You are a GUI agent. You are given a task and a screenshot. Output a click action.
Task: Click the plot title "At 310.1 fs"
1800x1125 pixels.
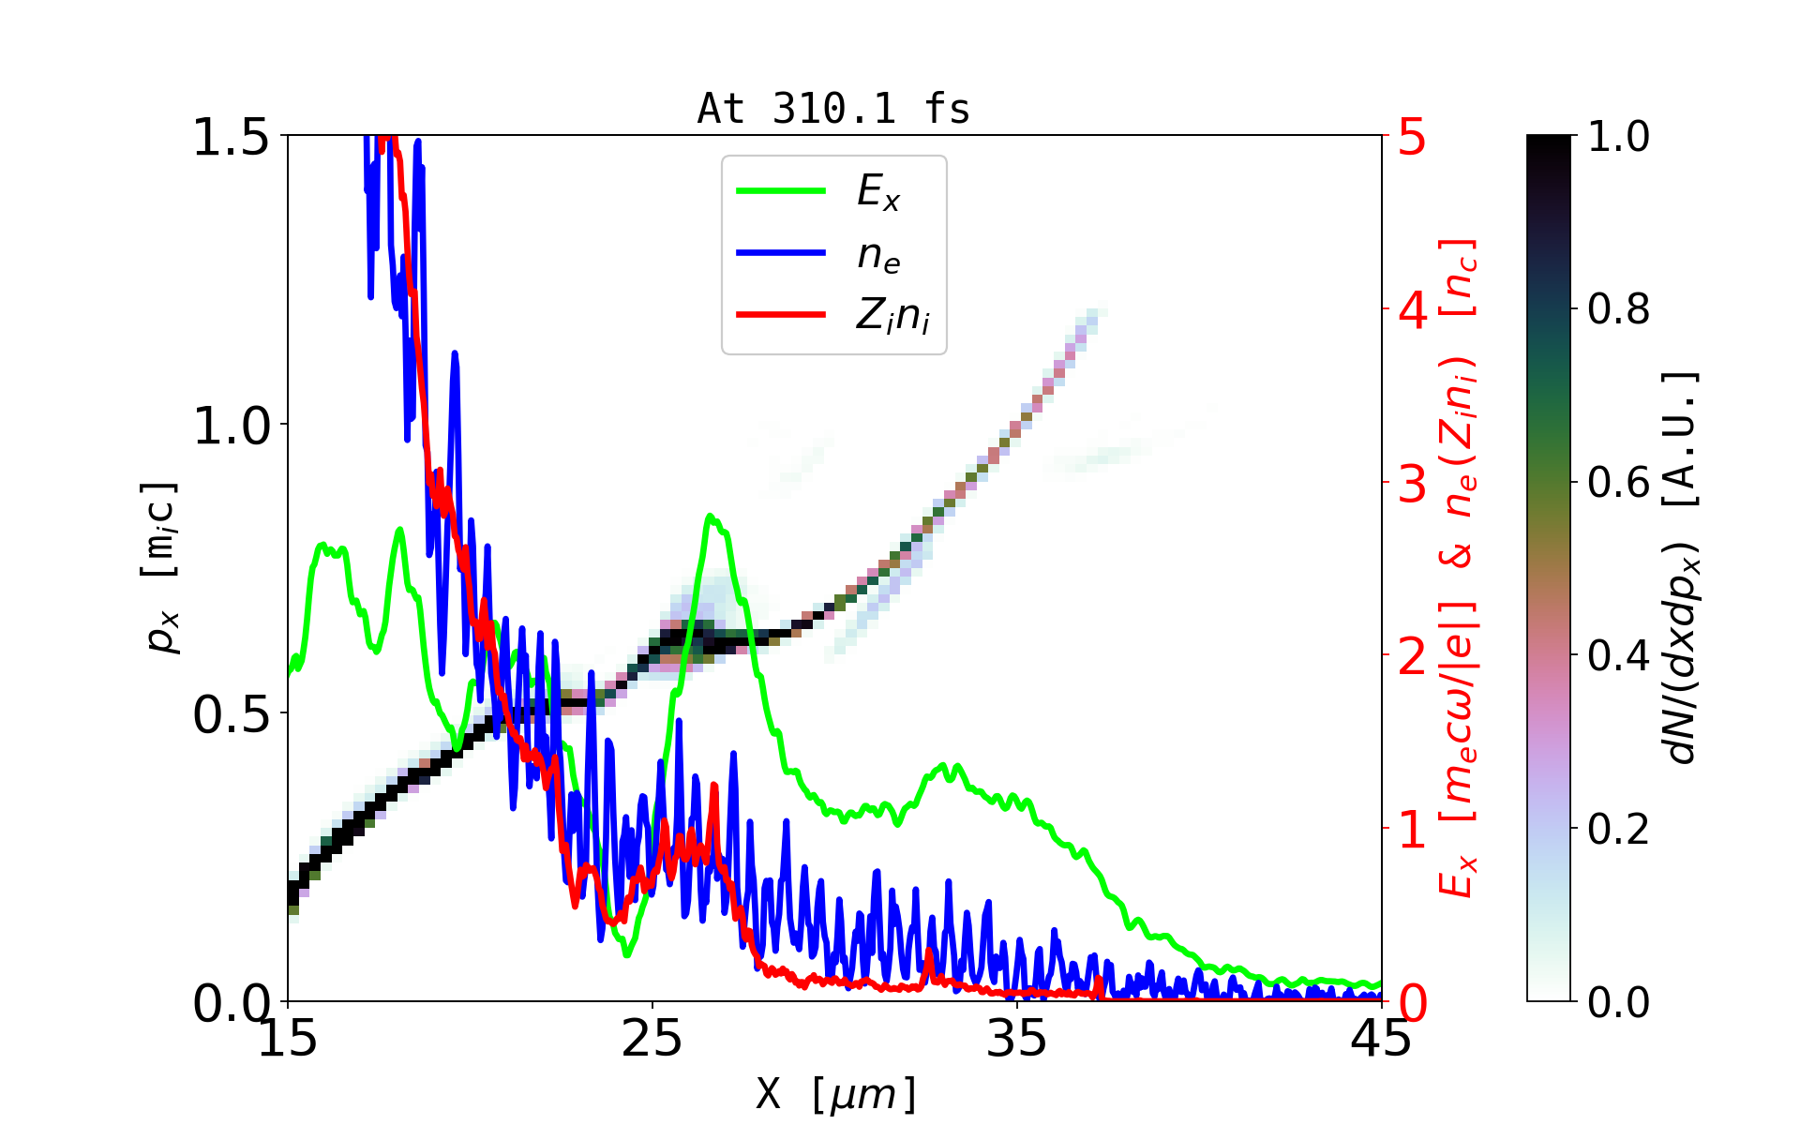pos(833,109)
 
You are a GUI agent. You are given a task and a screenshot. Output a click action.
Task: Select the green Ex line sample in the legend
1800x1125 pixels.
pos(781,191)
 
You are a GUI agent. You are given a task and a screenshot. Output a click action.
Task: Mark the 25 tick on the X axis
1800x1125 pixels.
pos(652,1039)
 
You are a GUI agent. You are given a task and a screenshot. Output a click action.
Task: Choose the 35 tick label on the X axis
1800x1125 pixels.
pos(1017,1039)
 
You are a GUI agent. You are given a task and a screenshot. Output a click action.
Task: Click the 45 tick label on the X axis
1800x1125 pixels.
pos(1381,1039)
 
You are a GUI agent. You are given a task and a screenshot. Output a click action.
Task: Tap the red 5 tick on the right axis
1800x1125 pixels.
pos(1412,137)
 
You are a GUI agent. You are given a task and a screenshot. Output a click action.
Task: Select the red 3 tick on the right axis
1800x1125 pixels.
pos(1412,484)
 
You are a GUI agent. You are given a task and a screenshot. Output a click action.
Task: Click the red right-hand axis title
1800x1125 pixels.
pos(1459,568)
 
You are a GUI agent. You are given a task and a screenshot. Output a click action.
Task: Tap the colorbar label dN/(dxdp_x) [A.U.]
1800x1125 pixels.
pos(1684,568)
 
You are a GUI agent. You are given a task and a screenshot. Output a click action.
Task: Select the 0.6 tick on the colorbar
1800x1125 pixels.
pos(1618,483)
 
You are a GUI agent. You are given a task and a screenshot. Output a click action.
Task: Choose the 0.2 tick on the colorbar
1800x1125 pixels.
pos(1618,829)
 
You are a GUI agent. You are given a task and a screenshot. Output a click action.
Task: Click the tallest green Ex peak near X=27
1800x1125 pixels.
pos(710,516)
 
